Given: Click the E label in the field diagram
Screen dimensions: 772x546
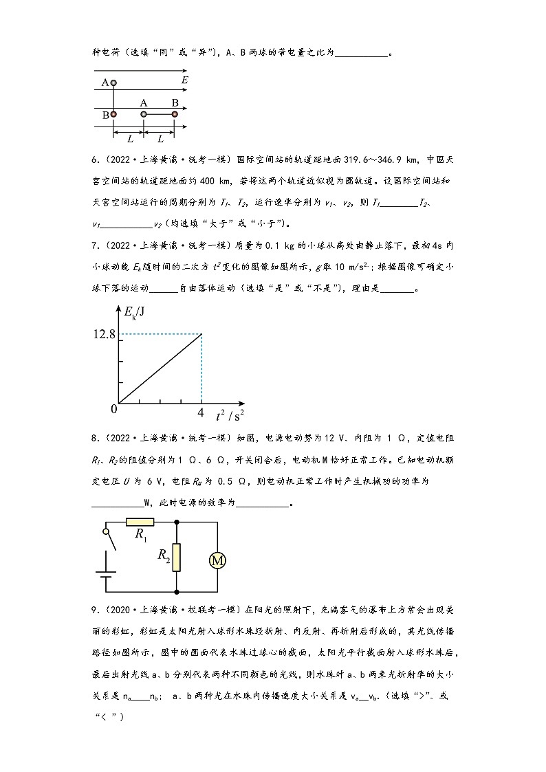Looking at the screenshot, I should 185,80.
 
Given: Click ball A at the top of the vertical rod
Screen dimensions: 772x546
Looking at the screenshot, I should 113,82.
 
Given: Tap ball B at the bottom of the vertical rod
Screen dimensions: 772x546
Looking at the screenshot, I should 113,115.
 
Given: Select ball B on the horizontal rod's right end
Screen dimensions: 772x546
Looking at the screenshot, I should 175,114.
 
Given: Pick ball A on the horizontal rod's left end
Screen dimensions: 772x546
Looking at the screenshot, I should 144,114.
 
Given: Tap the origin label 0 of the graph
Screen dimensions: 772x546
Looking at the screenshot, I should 114,409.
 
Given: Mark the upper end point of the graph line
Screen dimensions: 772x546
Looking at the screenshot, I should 201,335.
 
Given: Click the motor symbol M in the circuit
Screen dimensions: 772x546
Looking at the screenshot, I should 217,561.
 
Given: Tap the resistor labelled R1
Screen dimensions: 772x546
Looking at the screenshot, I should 140,522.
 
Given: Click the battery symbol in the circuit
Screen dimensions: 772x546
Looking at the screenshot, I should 106,581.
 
